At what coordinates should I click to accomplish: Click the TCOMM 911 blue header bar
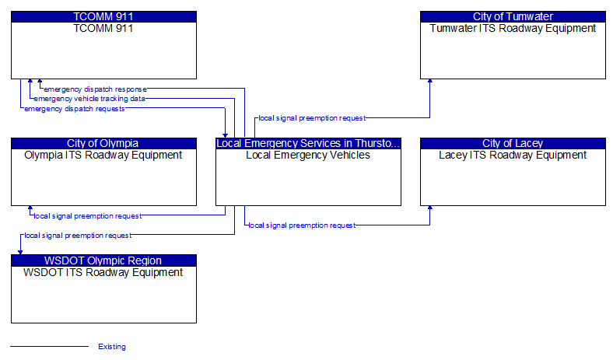point(103,16)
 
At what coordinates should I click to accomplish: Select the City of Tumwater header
point(513,16)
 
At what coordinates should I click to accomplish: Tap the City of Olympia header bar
point(103,143)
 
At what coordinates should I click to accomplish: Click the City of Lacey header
point(513,143)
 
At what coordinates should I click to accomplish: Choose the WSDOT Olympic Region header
point(103,260)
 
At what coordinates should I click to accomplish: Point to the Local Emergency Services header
point(309,143)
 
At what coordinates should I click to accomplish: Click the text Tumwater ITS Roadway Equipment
point(513,28)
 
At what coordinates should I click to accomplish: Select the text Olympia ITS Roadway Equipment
point(103,156)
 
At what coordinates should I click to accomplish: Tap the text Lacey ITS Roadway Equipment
point(513,156)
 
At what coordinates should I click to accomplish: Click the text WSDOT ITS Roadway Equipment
point(103,272)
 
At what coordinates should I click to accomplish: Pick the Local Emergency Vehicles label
point(308,156)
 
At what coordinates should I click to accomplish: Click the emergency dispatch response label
point(96,89)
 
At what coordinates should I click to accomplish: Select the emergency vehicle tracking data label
point(89,99)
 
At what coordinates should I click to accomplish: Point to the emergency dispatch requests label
point(75,109)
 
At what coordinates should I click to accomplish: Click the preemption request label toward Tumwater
point(312,118)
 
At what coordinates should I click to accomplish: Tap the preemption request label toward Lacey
point(302,225)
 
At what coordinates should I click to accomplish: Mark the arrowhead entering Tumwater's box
point(430,81)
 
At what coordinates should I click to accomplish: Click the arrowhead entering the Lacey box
point(430,208)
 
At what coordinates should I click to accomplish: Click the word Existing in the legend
point(112,347)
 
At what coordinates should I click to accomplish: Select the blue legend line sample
point(49,346)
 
